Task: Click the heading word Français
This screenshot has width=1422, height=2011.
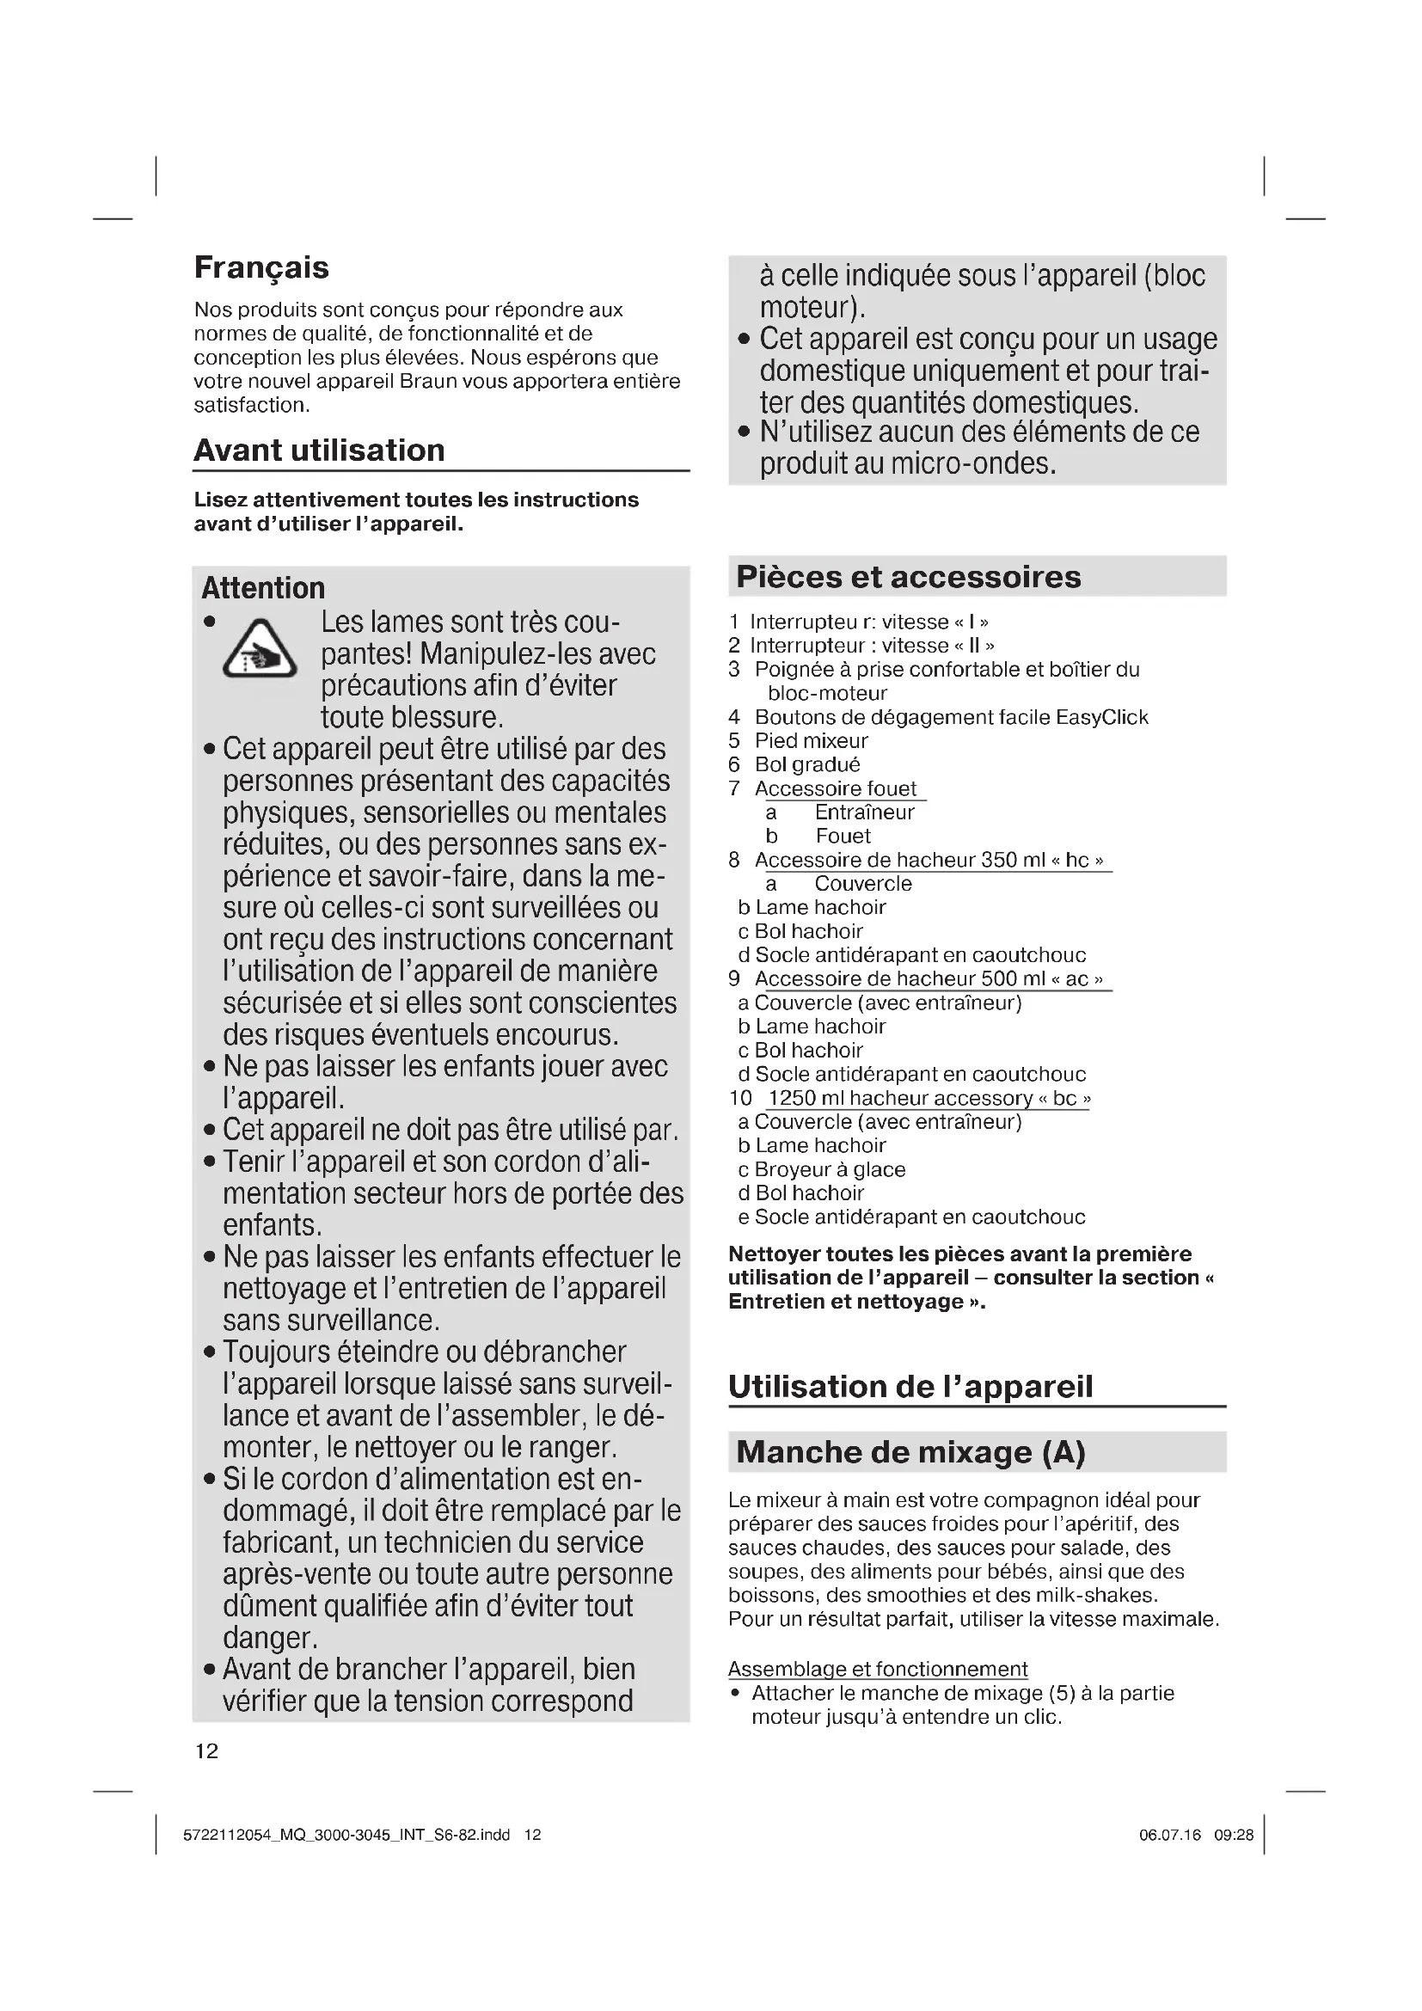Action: pyautogui.click(x=261, y=267)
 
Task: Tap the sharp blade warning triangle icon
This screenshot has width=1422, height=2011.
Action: pyautogui.click(x=259, y=649)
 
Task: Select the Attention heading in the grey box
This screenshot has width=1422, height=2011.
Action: pyautogui.click(x=263, y=588)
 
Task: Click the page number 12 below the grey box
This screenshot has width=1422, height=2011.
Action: pyautogui.click(x=206, y=1750)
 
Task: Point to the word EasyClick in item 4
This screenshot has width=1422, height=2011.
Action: pyautogui.click(x=1101, y=717)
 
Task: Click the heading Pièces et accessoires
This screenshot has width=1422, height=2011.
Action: pyautogui.click(x=908, y=576)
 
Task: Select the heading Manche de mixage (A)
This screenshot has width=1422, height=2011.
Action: pyautogui.click(x=910, y=1452)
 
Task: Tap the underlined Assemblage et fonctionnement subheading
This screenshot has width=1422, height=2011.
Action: pyautogui.click(x=878, y=1670)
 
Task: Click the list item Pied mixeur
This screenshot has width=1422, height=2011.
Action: pyautogui.click(x=811, y=741)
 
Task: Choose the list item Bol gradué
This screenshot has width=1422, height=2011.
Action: pyautogui.click(x=807, y=764)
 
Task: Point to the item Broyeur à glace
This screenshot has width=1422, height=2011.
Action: pyautogui.click(x=829, y=1169)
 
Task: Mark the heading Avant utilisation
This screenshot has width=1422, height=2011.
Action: pyautogui.click(x=319, y=451)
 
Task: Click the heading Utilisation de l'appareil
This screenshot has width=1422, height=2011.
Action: pyautogui.click(x=910, y=1387)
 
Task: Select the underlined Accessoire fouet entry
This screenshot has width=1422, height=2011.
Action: pyautogui.click(x=836, y=788)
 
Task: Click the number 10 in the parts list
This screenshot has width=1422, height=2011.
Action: pyautogui.click(x=740, y=1098)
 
